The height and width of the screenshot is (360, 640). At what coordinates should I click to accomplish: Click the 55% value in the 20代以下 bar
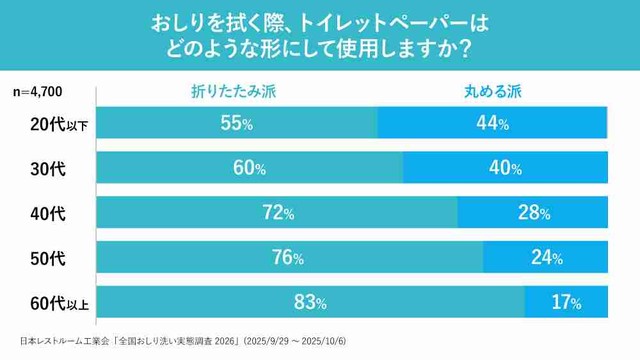237,123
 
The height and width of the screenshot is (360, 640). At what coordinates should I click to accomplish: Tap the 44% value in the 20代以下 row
492,123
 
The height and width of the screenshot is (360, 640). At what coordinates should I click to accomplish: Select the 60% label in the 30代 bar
249,168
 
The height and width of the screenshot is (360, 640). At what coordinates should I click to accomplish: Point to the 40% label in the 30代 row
505,168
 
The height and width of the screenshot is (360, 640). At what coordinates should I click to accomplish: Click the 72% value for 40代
277,212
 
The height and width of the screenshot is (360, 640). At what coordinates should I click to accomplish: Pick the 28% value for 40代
533,212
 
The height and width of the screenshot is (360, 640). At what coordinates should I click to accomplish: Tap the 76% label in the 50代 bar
287,257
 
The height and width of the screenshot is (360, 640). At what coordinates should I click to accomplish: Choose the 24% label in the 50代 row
546,257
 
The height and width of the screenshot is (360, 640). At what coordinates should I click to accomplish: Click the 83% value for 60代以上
309,301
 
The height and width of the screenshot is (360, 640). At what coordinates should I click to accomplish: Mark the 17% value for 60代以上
566,301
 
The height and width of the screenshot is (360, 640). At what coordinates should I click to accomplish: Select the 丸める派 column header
493,91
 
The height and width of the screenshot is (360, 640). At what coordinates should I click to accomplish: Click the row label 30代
48,168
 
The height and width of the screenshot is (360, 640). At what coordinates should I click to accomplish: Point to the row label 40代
48,212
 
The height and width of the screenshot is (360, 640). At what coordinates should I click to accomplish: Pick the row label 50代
48,257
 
